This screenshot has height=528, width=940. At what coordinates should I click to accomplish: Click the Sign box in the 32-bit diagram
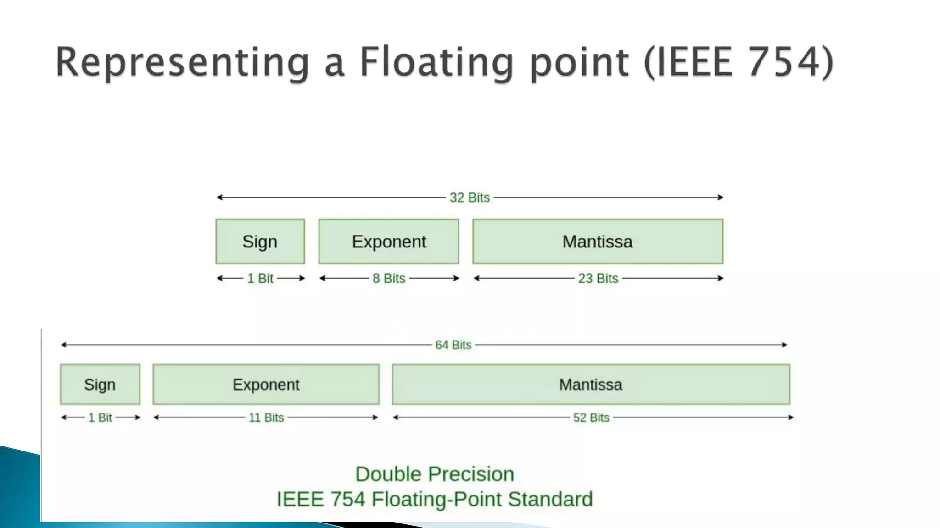[x=260, y=242]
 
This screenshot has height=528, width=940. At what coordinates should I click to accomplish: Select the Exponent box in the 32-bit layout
[x=389, y=242]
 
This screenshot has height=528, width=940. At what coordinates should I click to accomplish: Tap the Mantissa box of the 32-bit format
[x=598, y=242]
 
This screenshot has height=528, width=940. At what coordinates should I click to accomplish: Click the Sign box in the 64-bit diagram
[x=100, y=385]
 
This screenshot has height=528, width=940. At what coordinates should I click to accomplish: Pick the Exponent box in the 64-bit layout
[x=266, y=385]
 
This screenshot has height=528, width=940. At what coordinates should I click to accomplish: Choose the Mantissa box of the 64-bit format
[x=591, y=385]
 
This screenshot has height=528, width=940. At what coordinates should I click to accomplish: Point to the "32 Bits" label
[x=470, y=198]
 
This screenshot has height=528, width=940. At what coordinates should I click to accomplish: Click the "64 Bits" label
[x=453, y=345]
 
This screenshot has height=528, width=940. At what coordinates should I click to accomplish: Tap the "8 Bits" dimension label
[x=389, y=278]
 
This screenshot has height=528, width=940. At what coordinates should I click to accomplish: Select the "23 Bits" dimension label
[x=598, y=278]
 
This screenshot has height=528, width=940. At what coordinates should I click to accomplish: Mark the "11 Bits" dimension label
[x=266, y=418]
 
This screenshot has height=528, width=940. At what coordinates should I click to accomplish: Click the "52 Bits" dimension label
[x=591, y=418]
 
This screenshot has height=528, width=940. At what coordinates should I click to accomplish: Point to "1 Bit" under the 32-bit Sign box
[x=260, y=278]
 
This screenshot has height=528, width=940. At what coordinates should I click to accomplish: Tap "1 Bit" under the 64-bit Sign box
[x=100, y=418]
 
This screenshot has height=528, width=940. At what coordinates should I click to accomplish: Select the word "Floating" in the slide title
[x=436, y=63]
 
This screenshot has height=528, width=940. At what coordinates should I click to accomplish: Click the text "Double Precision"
[x=435, y=474]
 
